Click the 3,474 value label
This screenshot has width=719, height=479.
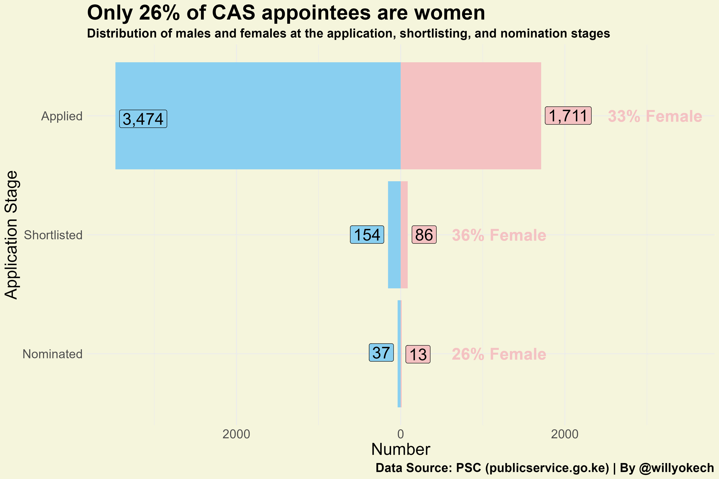click(143, 119)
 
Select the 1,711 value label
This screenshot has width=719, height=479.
click(568, 116)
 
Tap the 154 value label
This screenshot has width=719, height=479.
click(367, 235)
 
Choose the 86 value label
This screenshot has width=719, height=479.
click(424, 235)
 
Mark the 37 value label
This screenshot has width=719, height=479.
click(381, 353)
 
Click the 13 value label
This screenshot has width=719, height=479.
click(418, 354)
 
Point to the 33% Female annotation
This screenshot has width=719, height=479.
click(655, 116)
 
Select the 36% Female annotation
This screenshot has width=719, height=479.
click(499, 235)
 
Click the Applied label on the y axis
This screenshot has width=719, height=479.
click(62, 116)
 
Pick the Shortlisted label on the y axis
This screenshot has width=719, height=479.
click(53, 235)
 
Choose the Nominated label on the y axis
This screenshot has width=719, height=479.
click(53, 354)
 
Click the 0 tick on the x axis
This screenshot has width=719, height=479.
click(400, 434)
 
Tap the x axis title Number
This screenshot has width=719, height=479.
click(400, 449)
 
